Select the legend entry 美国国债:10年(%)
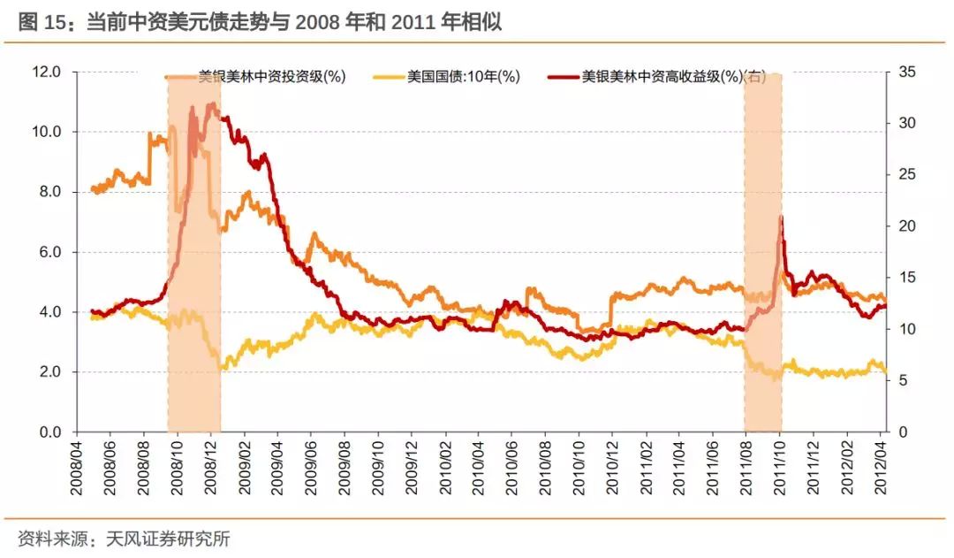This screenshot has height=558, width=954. point(463,77)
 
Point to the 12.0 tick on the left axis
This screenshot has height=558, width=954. point(42,72)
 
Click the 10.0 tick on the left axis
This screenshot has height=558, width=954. point(42,132)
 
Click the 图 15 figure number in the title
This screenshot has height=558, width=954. point(41,22)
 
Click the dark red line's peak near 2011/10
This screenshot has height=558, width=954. point(781,217)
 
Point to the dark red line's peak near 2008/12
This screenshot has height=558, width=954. point(211,104)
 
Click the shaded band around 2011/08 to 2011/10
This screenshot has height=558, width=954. point(762,265)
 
